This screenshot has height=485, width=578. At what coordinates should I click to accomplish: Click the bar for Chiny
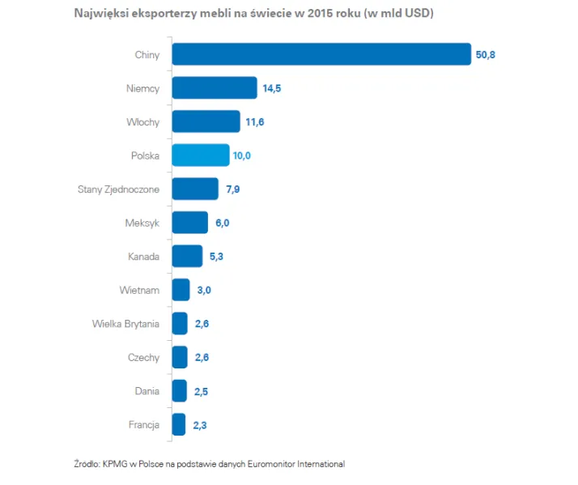coord(321,54)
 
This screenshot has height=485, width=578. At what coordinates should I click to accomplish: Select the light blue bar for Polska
coord(201,155)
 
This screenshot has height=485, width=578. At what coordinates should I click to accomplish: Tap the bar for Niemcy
coord(215,88)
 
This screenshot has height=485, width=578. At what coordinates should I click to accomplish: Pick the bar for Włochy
coord(206,122)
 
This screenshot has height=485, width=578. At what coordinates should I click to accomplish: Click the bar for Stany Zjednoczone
coord(195,189)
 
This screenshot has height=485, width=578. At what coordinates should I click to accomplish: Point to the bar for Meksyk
coord(189,223)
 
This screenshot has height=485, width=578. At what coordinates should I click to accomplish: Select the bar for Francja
coord(179,424)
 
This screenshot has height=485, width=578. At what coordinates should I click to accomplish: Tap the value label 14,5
coord(271,88)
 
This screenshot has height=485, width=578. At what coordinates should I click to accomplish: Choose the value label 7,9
coord(232,189)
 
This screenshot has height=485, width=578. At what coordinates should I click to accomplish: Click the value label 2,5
coord(203,391)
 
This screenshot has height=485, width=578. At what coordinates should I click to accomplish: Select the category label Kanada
coord(143,257)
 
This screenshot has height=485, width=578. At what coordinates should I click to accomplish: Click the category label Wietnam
coord(139,290)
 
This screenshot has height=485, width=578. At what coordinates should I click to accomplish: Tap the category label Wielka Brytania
coord(125,324)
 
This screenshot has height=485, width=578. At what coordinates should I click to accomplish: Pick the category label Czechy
coord(143,357)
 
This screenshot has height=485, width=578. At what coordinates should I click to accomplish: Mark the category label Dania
coord(147,391)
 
